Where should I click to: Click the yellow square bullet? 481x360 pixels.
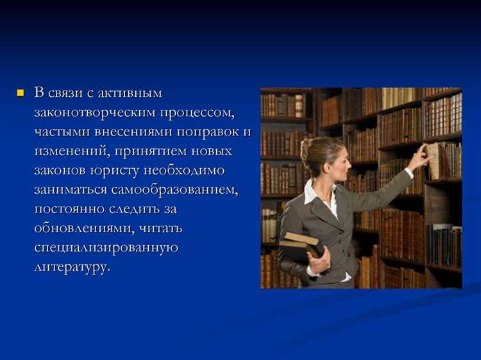coord(19,94)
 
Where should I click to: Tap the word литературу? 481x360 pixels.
coord(71,267)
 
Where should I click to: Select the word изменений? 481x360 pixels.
coord(71,151)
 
